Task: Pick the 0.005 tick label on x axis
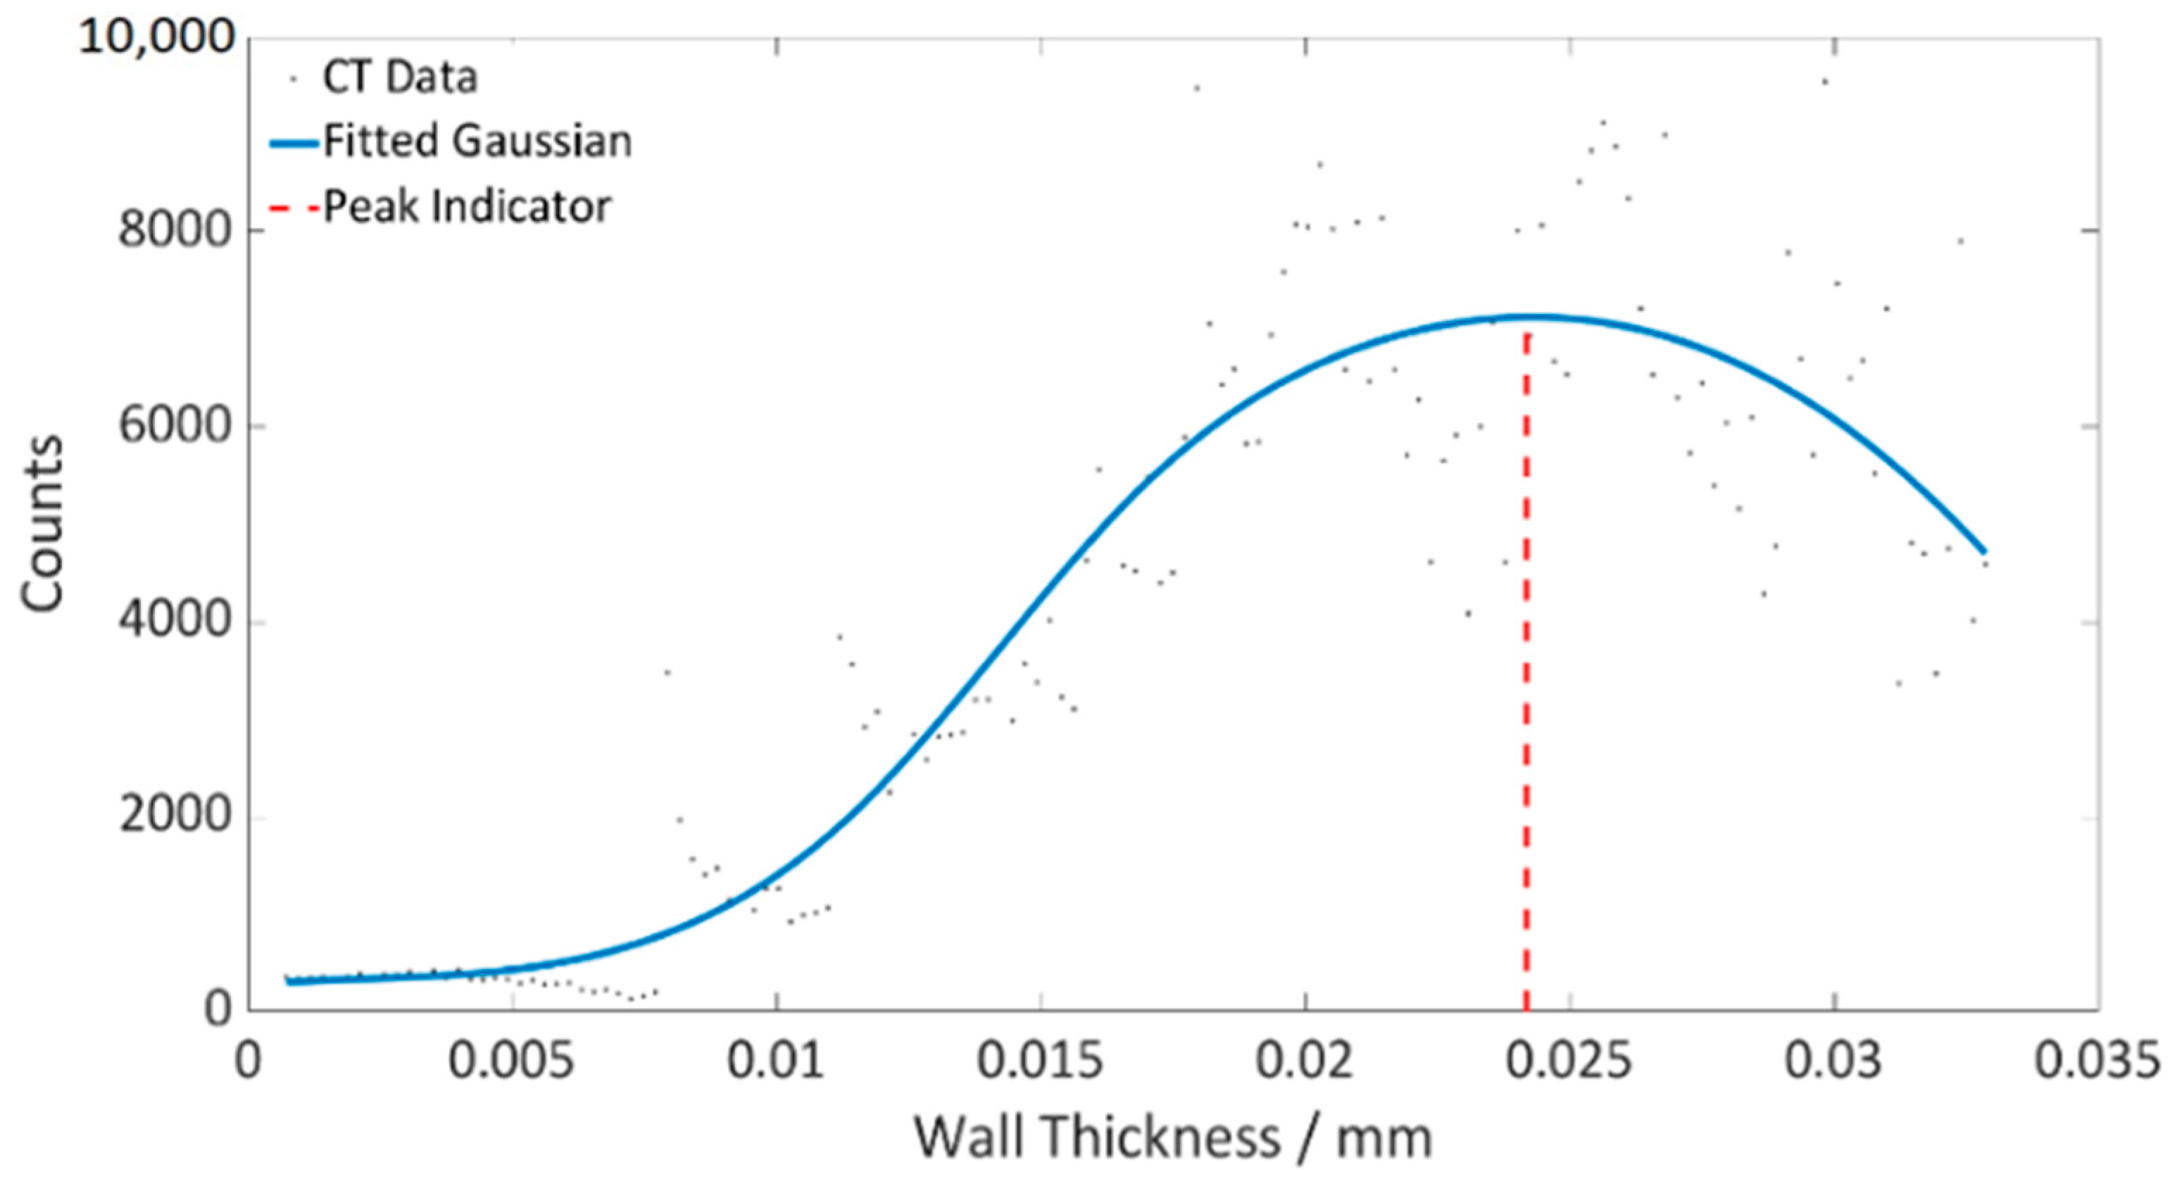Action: tap(511, 1061)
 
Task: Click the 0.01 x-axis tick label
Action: tap(776, 1061)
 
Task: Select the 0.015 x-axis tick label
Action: tap(1040, 1061)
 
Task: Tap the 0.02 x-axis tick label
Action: tap(1305, 1061)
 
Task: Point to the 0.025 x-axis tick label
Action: tap(1569, 1061)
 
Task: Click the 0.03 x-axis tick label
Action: tap(1833, 1061)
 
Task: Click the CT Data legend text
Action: tap(400, 77)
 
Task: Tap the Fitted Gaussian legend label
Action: tap(477, 141)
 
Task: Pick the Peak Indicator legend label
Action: tap(467, 206)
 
